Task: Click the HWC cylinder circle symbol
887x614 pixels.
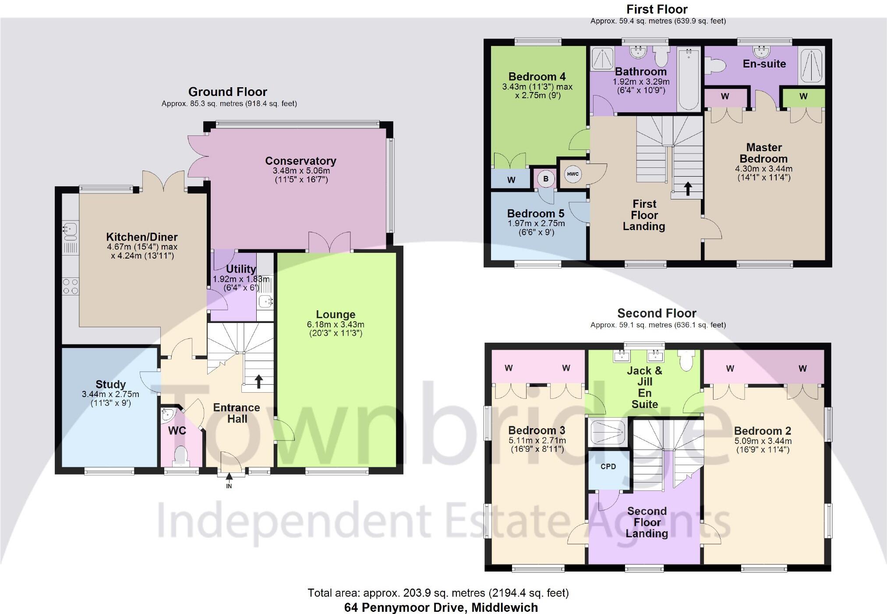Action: [572, 174]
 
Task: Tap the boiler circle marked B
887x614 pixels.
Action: [546, 179]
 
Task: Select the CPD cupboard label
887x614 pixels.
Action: [608, 466]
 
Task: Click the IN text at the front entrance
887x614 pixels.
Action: [229, 486]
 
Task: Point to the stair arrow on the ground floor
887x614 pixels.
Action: [258, 381]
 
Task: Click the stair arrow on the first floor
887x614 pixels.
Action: [688, 188]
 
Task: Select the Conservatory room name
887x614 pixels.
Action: [300, 161]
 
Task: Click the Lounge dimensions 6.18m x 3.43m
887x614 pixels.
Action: [336, 325]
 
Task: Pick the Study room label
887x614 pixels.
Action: [110, 384]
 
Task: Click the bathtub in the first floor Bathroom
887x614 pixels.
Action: [688, 79]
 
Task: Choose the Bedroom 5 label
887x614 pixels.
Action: [536, 213]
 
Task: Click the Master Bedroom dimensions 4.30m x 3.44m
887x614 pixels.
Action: [763, 169]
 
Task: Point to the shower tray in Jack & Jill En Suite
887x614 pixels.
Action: [608, 432]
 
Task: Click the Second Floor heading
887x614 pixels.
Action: [657, 313]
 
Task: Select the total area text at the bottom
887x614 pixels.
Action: [438, 593]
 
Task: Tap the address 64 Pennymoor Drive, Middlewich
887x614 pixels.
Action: [441, 607]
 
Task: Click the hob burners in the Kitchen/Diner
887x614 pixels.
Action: [70, 287]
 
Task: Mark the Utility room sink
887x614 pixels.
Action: [266, 302]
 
